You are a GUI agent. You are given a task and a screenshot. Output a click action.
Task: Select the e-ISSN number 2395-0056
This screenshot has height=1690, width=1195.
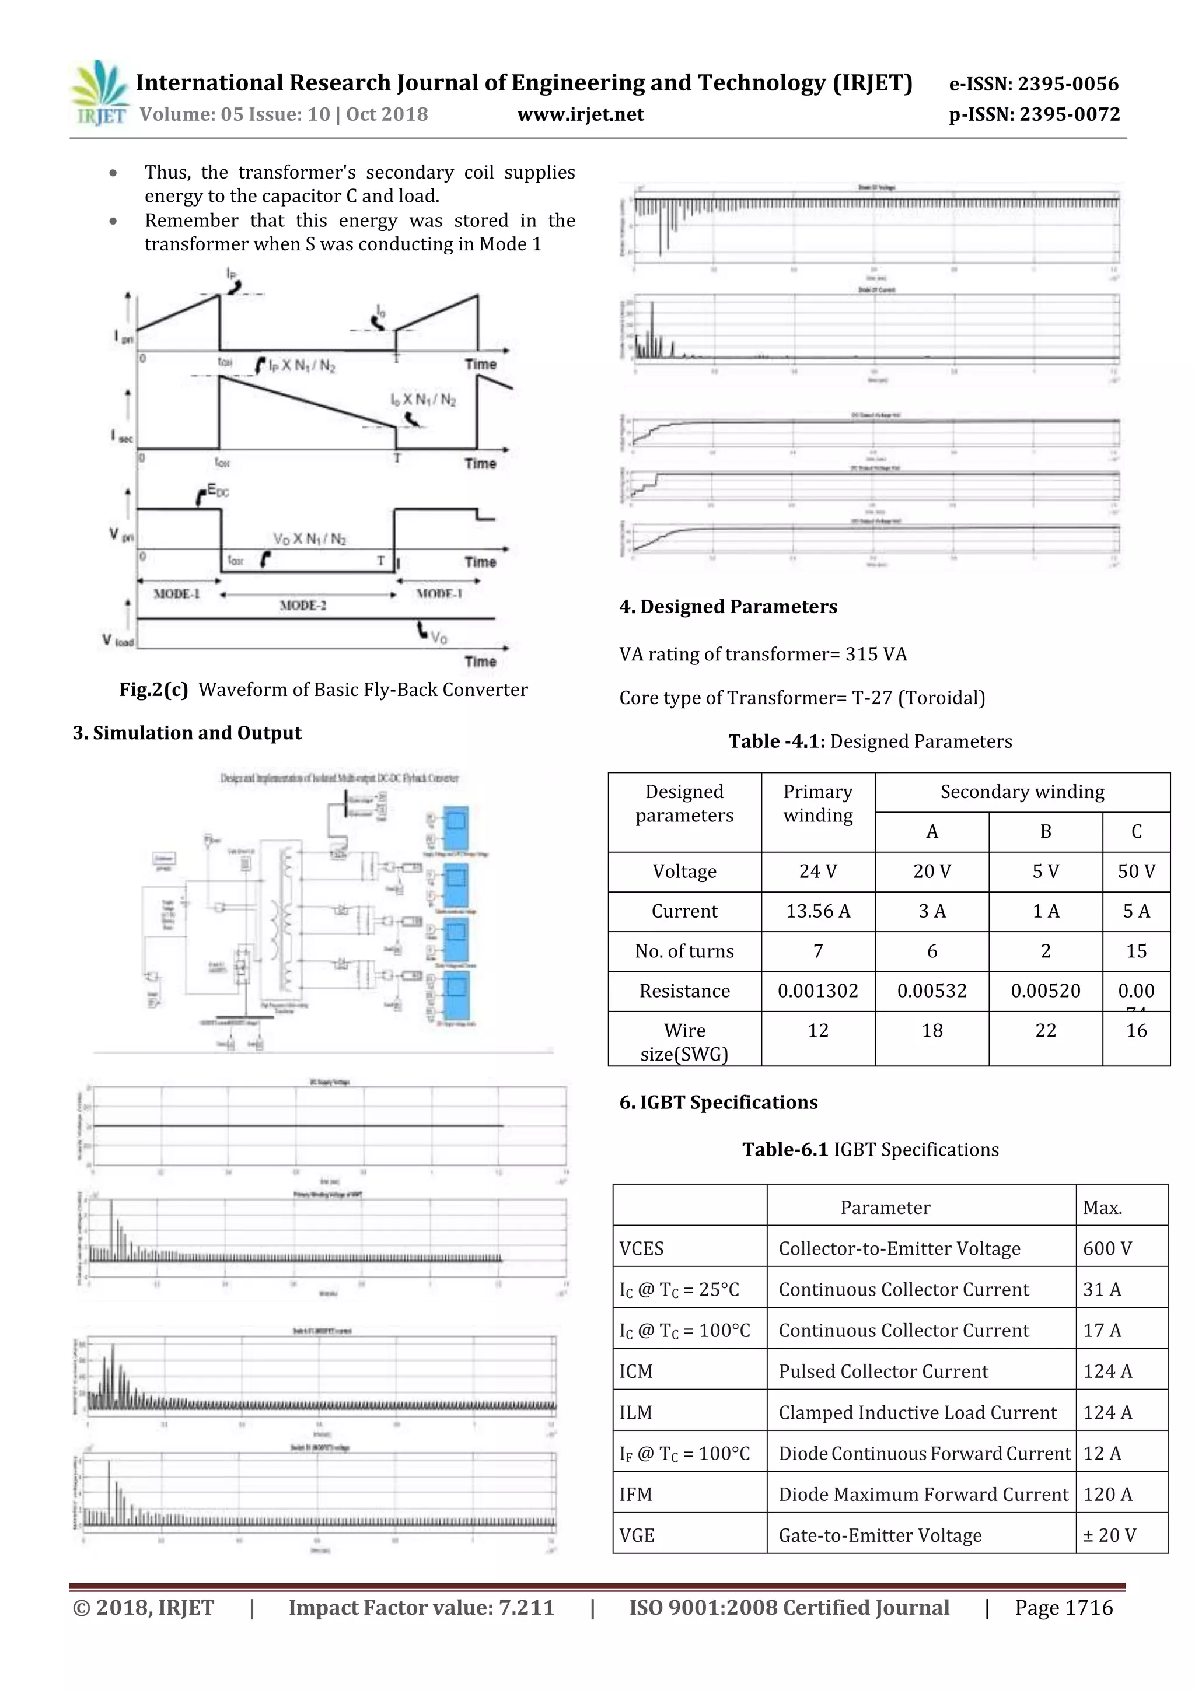pos(1034,84)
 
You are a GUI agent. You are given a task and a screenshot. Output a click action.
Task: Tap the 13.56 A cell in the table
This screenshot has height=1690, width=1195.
pos(817,911)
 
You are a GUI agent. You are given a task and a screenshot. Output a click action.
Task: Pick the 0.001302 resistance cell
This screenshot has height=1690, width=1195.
pos(817,991)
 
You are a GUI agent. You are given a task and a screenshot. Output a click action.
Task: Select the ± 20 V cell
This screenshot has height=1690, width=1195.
pos(1110,1535)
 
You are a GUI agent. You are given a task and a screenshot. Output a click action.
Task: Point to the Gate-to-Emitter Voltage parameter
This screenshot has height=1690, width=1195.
pos(880,1535)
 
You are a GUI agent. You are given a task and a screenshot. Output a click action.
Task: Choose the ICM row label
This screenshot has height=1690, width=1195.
pos(636,1371)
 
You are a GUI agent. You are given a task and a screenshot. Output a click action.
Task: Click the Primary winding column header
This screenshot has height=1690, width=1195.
pos(817,803)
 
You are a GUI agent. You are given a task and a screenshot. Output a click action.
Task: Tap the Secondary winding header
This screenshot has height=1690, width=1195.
pos(1022,792)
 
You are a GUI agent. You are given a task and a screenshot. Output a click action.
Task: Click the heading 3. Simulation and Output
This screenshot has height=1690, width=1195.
pos(187,733)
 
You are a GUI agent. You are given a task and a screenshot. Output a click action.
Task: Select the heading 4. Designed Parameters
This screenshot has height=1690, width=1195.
pos(728,607)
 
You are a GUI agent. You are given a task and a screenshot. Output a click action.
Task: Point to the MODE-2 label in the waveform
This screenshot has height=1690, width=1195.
pos(303,605)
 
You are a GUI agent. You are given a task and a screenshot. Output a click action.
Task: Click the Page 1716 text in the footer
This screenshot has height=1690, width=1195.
pos(1063,1608)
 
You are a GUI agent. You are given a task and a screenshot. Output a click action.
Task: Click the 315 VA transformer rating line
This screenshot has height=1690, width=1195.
pos(763,655)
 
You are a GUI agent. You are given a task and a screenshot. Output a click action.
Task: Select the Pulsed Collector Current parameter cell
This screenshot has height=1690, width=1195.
pos(883,1371)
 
